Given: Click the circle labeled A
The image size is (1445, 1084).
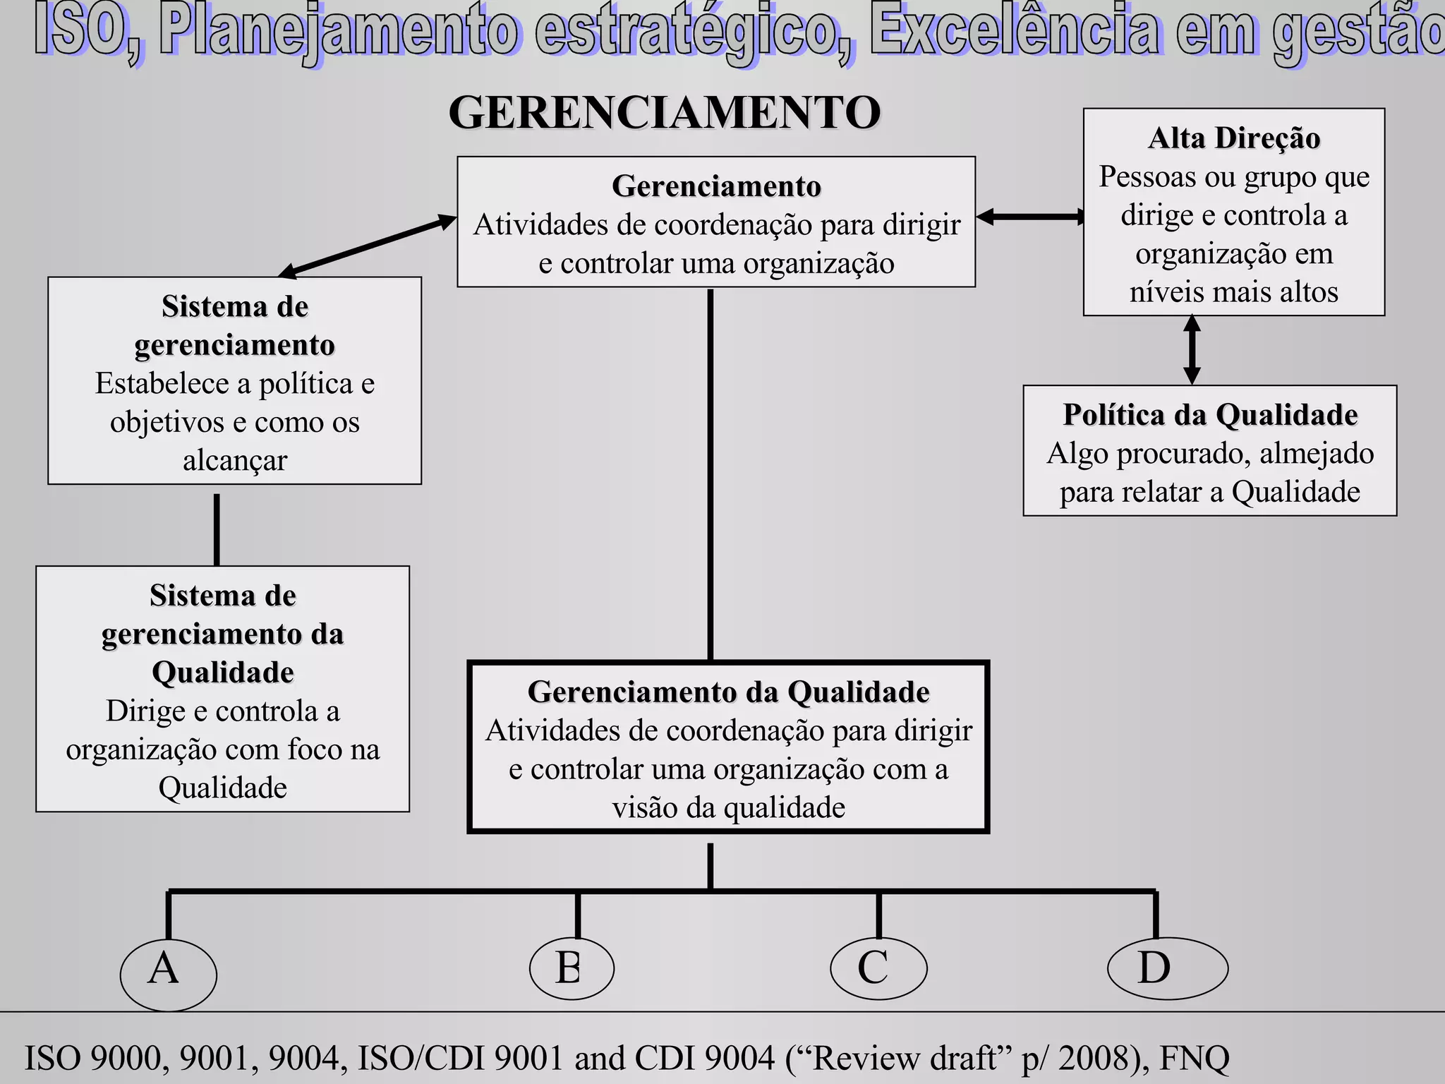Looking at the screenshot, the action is (168, 974).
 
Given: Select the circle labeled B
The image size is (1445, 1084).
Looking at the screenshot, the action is (572, 968).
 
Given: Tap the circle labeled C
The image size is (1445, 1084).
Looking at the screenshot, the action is (878, 968).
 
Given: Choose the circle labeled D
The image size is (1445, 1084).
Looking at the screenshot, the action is (1168, 968).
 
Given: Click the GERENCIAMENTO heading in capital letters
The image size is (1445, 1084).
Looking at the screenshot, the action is (664, 112).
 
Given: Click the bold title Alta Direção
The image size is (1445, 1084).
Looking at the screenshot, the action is (1234, 138).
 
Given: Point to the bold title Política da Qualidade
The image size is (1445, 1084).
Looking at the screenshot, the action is (1210, 415).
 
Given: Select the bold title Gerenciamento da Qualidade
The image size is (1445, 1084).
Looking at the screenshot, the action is (728, 692).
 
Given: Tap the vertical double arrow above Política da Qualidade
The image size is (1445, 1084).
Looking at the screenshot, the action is (1192, 350).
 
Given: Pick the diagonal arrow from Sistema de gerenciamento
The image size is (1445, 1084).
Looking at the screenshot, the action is (367, 245).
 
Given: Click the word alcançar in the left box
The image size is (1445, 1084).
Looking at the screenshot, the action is (235, 460).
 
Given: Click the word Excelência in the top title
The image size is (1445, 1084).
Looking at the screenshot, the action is (1014, 32).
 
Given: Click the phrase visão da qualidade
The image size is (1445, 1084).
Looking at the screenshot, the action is (728, 807).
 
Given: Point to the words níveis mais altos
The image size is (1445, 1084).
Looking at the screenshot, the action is (1233, 292).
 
